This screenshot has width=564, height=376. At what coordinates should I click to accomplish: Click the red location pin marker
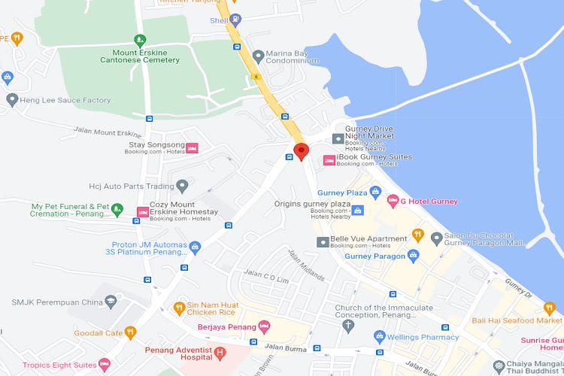301,151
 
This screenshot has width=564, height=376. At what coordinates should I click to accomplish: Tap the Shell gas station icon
236,20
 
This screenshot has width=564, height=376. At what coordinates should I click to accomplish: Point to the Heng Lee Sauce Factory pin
11,99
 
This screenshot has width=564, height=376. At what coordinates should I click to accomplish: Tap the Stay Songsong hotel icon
192,147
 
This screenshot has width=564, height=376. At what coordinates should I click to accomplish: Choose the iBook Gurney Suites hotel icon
329,159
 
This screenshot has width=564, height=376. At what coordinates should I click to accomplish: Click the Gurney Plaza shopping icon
378,193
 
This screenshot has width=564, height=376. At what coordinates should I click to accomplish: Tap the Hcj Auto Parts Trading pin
182,186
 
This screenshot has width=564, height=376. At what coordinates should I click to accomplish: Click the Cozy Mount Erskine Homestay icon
142,212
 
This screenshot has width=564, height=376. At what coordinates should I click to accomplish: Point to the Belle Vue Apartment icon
322,242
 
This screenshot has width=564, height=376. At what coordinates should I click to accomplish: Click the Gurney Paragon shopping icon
413,256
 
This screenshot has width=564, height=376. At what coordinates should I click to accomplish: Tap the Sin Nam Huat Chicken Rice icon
178,307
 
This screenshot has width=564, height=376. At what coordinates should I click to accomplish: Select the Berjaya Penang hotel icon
263,326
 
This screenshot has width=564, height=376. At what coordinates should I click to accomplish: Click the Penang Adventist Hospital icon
220,352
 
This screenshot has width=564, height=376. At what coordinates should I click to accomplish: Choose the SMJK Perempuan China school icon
111,302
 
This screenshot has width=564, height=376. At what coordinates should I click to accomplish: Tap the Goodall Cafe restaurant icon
130,332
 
